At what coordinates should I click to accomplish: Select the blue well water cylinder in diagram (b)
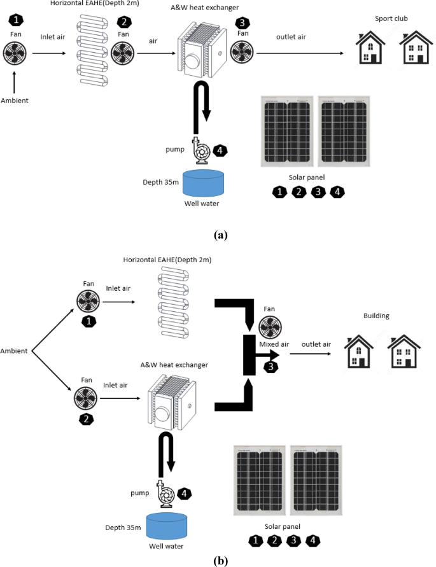(167, 526)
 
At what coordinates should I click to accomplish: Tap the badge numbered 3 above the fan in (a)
(243, 23)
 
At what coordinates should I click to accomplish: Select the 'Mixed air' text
(274, 344)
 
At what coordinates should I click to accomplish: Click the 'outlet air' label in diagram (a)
(291, 37)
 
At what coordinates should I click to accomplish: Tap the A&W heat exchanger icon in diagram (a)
(201, 47)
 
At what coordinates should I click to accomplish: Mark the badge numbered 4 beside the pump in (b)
(182, 493)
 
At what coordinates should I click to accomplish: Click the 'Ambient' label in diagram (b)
(14, 351)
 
